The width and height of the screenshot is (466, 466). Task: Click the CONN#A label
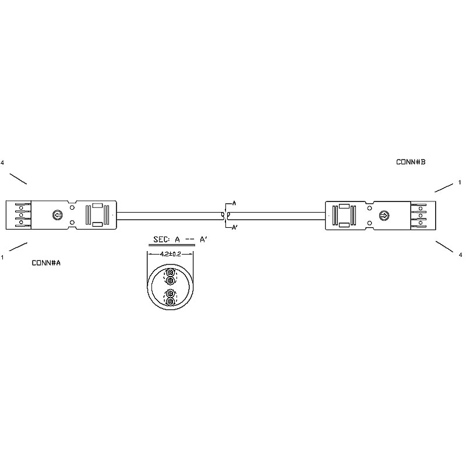click(46, 263)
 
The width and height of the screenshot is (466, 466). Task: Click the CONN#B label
click(411, 162)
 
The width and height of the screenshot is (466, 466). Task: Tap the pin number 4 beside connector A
click(2, 163)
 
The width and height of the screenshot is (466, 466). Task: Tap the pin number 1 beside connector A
click(2, 257)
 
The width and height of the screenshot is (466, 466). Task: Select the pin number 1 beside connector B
click(460, 182)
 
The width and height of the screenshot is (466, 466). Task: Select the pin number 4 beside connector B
click(460, 255)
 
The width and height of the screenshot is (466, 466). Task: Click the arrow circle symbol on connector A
click(57, 214)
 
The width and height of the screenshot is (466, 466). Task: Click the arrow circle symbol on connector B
click(384, 215)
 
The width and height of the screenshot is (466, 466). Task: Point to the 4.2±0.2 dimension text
click(170, 254)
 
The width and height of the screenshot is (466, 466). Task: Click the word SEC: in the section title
click(162, 239)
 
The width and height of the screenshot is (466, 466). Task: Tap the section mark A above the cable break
click(234, 203)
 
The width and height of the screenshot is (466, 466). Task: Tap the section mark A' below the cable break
click(235, 228)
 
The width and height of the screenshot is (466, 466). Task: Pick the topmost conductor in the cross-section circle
click(170, 272)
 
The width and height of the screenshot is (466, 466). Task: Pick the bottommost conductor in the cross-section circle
click(170, 302)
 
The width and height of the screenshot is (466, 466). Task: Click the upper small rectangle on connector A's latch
click(97, 206)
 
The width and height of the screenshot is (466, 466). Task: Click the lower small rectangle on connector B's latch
click(344, 225)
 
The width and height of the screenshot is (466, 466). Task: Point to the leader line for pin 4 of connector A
click(18, 179)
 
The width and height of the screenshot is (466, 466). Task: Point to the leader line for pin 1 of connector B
click(444, 188)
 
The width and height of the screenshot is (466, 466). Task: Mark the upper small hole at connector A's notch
click(72, 208)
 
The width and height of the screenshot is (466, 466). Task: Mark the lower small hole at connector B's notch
click(369, 223)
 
